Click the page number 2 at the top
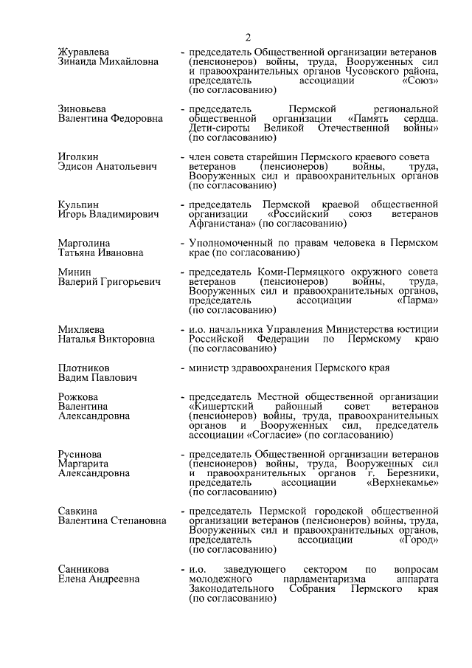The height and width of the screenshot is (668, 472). tap(249, 37)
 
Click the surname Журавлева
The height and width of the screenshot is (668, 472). tap(83, 52)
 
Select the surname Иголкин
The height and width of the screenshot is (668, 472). tap(78, 157)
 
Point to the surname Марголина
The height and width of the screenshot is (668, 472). tap(83, 243)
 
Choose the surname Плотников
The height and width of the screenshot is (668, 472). tap(84, 367)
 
